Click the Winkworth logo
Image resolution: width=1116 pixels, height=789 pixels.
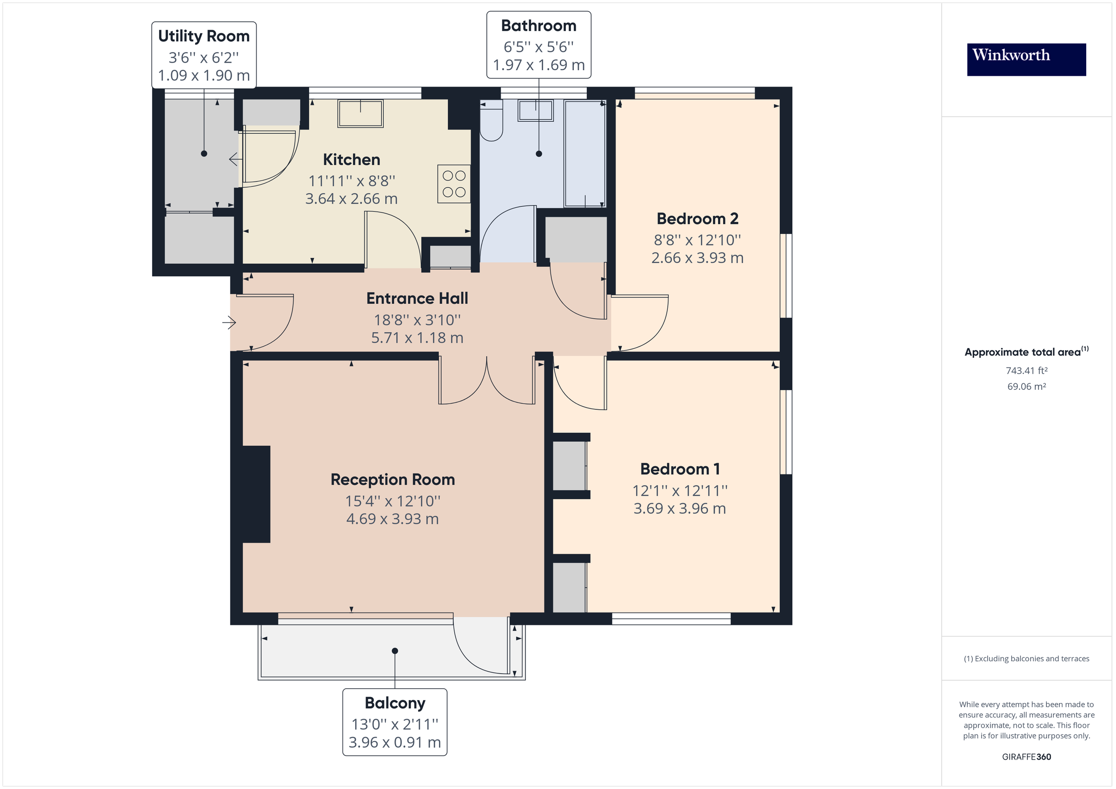coord(1026,59)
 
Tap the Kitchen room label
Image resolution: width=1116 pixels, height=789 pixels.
coord(352,159)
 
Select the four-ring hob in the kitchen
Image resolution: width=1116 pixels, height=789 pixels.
coord(453,184)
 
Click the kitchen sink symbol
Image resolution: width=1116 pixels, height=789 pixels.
coord(360,113)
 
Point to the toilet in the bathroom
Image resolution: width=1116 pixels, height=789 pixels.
coord(491,121)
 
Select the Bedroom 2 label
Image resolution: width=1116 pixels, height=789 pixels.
coord(697,219)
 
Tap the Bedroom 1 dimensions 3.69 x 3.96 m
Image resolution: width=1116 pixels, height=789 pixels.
coord(679,508)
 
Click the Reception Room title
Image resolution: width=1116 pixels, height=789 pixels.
coord(392,480)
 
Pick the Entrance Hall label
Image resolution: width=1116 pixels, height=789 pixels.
coord(417,298)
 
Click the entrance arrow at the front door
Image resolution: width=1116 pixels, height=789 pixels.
coord(229,322)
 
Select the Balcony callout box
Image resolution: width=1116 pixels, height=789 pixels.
coord(394,722)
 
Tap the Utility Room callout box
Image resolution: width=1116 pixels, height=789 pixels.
coord(204,55)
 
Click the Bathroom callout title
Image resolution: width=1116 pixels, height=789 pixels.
coord(538,26)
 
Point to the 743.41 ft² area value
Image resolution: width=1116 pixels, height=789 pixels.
coord(1026,370)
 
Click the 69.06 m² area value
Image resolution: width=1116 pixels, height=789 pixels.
coord(1026,386)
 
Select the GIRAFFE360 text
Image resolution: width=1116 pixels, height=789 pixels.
coord(1026,756)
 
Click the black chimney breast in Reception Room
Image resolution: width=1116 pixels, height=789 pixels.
coord(256,493)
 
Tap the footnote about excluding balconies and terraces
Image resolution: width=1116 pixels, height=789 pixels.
coord(1026,658)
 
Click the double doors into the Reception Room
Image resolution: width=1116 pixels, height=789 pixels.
coord(486,381)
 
